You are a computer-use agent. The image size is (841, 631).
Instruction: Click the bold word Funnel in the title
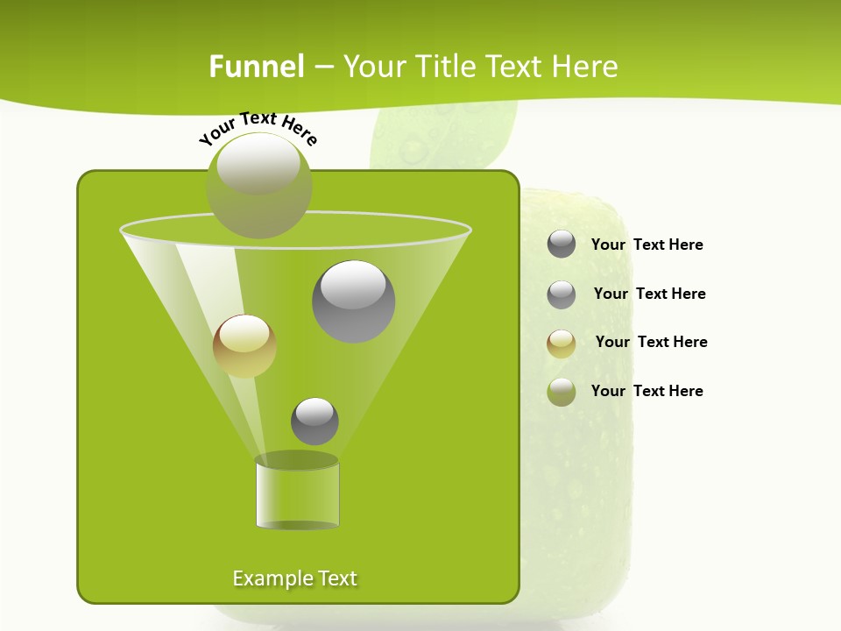tap(256, 67)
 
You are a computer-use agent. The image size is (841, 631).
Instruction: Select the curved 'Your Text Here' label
tap(258, 128)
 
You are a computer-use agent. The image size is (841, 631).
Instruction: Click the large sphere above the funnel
tap(259, 185)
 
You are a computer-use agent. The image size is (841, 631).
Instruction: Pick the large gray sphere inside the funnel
tap(354, 301)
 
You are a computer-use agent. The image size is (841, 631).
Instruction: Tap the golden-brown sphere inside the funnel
tap(244, 346)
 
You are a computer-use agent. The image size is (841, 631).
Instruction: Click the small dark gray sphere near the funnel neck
tap(314, 422)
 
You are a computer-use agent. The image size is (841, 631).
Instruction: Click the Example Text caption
tap(295, 578)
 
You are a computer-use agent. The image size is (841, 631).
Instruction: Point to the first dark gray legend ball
tap(562, 244)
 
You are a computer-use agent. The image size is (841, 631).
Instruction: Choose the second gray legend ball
tap(562, 294)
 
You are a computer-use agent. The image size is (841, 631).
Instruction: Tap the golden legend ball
tap(562, 344)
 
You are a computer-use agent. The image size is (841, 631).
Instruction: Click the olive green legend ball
tap(562, 392)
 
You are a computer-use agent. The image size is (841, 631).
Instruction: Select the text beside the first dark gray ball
tap(647, 245)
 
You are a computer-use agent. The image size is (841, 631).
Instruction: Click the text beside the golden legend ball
tap(652, 342)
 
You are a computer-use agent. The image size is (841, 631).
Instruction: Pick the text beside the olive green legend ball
tap(647, 391)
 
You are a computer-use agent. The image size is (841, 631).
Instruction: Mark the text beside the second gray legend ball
tap(650, 294)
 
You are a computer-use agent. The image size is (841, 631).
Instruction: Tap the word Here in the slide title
tap(585, 67)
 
